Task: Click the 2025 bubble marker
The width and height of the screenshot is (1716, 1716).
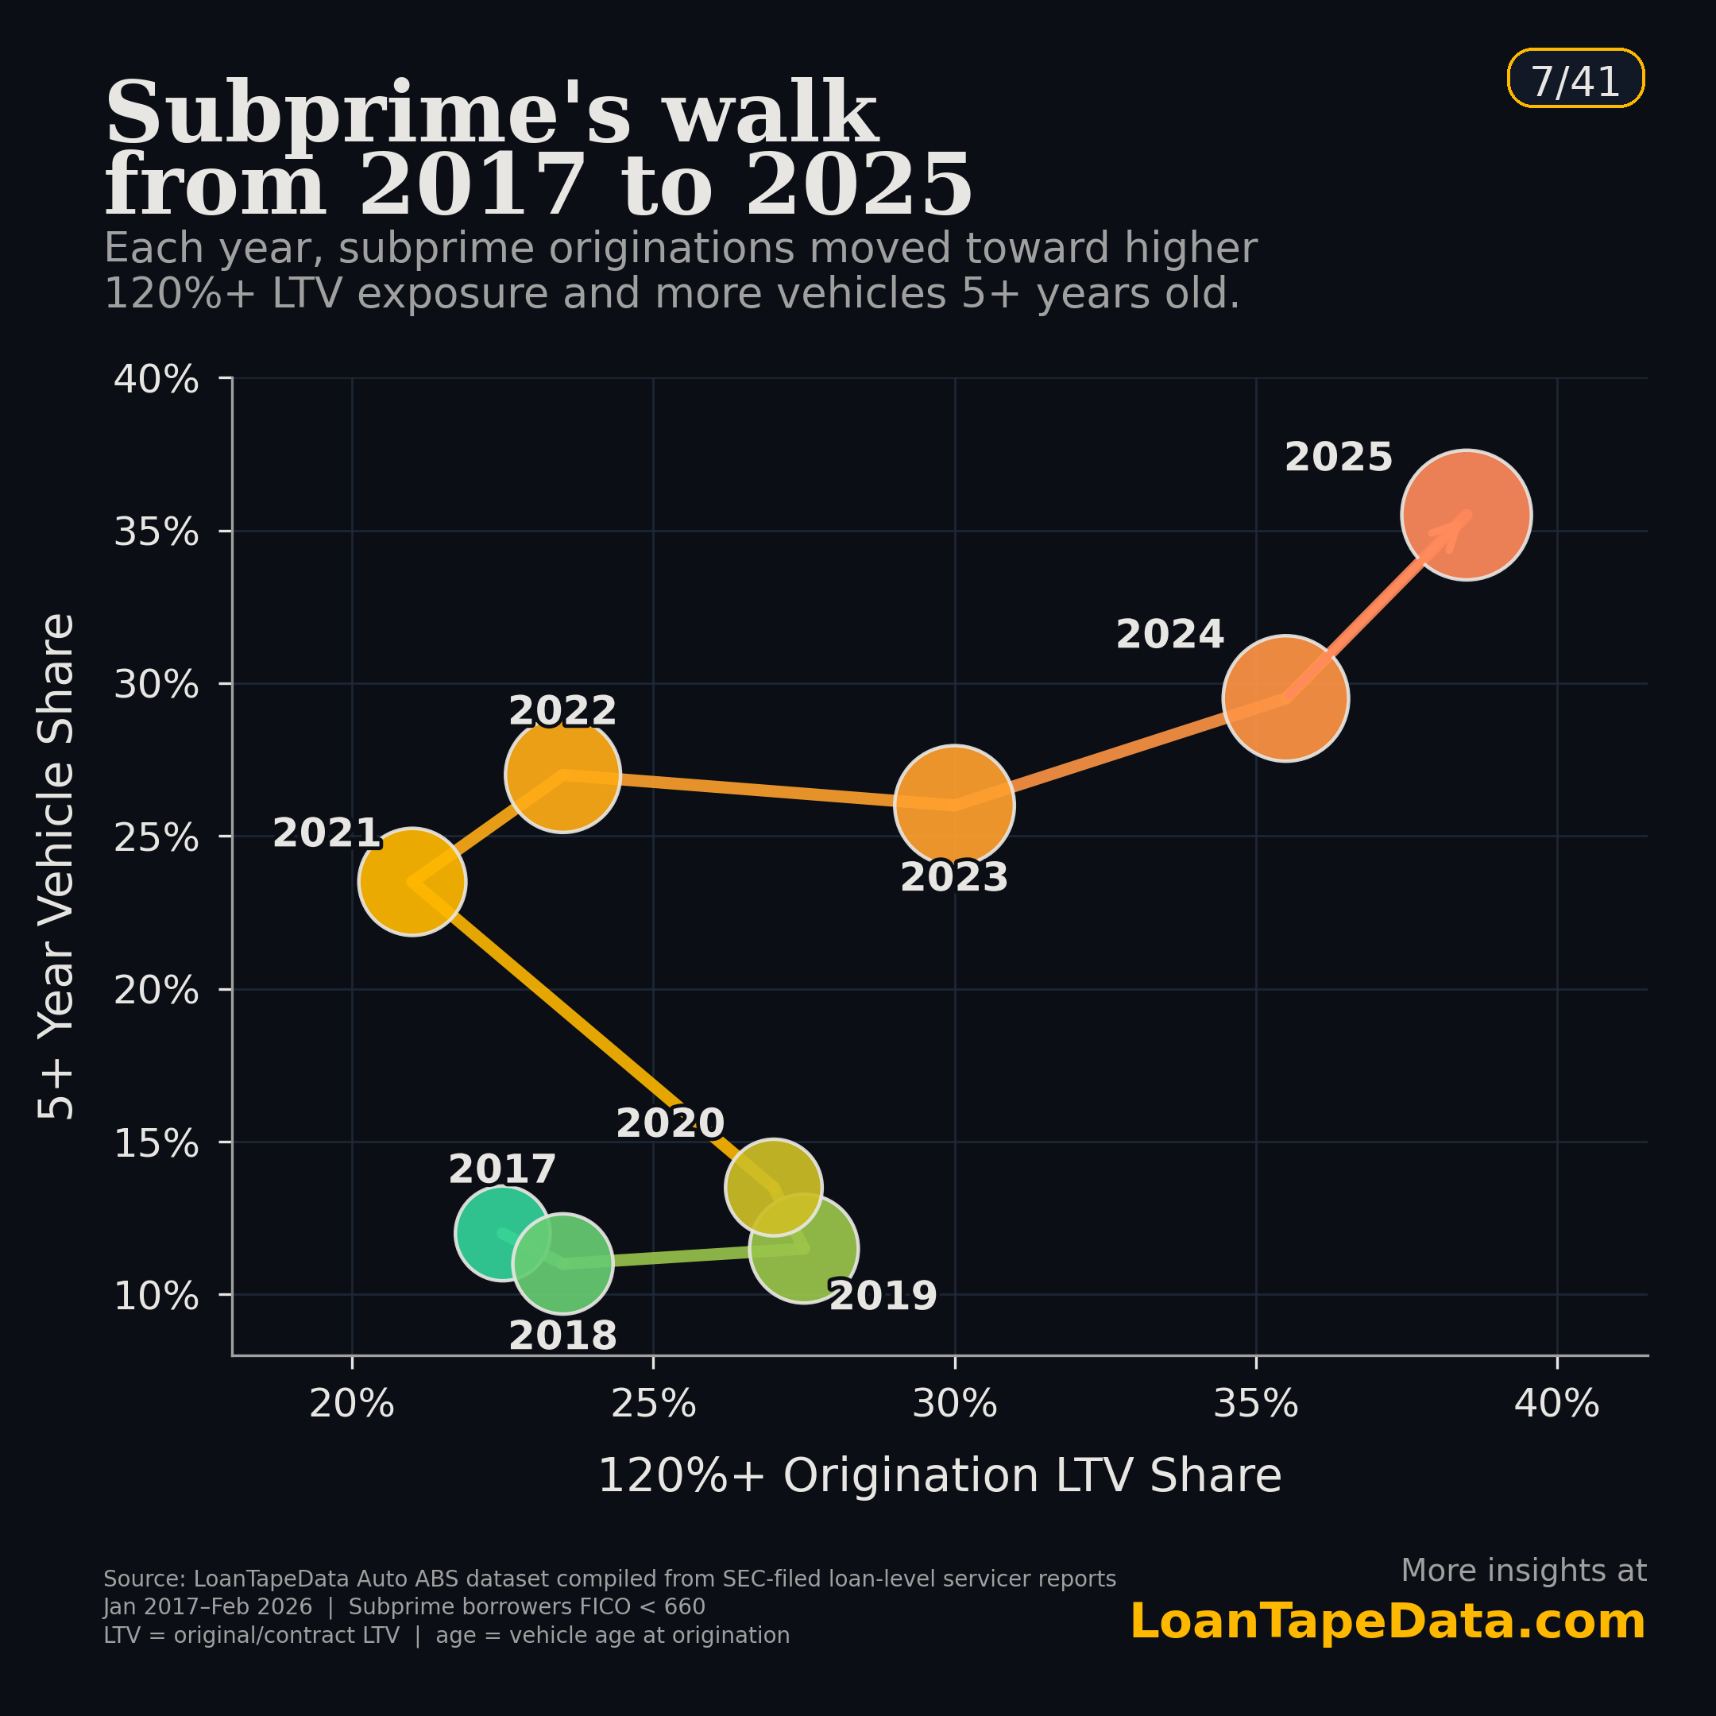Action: pyautogui.click(x=1466, y=515)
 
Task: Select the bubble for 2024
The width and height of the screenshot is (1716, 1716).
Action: pyautogui.click(x=1285, y=698)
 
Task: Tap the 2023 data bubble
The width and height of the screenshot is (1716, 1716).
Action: pyautogui.click(x=954, y=805)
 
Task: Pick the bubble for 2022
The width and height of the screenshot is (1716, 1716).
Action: pyautogui.click(x=562, y=775)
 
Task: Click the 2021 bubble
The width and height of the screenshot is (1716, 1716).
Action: pyautogui.click(x=412, y=882)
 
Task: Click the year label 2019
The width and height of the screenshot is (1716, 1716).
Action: pyautogui.click(x=883, y=1296)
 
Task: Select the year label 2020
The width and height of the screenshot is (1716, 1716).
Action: pyautogui.click(x=671, y=1123)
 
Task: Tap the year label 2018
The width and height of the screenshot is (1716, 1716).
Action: pyautogui.click(x=562, y=1335)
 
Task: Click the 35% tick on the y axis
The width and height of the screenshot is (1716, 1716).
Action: pyautogui.click(x=157, y=532)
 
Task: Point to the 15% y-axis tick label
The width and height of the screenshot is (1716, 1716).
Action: pyautogui.click(x=157, y=1143)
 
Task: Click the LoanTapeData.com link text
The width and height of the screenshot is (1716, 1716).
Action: pyautogui.click(x=1387, y=1621)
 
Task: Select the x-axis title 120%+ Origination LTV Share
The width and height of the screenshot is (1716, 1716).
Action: pyautogui.click(x=940, y=1476)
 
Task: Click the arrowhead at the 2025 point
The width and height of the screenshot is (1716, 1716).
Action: pyautogui.click(x=1459, y=525)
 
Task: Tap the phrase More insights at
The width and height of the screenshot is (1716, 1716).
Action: pyautogui.click(x=1523, y=1571)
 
